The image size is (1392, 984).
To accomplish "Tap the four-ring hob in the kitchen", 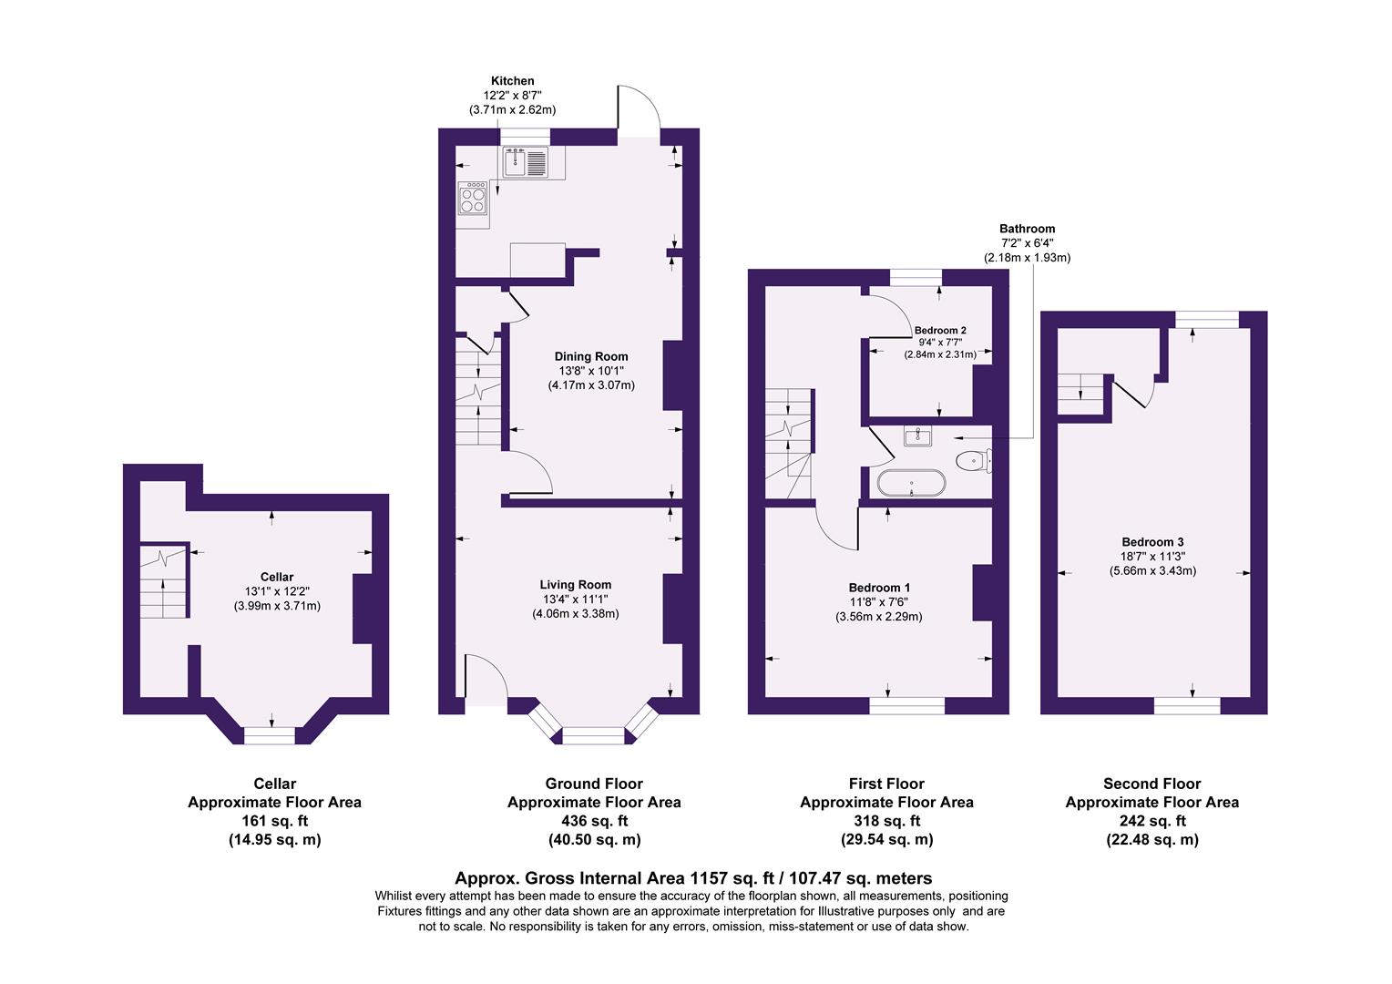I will click(474, 198).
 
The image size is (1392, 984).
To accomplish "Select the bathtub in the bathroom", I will click(911, 483).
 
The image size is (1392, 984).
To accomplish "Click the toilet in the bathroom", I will click(972, 460).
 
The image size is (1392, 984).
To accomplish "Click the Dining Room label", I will click(591, 356).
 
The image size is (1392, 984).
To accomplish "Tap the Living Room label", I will click(575, 585).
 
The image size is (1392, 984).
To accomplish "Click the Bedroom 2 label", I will click(940, 330).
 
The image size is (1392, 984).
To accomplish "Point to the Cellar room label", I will click(277, 577).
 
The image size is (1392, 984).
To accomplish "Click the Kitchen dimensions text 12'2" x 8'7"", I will click(512, 96).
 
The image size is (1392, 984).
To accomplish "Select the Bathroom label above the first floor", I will click(1027, 229).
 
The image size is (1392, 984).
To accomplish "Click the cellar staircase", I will click(164, 582).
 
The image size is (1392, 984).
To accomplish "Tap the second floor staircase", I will click(1081, 394).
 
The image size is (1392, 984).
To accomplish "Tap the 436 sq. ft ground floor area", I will click(594, 821).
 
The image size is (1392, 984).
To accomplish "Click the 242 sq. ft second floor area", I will click(1151, 821).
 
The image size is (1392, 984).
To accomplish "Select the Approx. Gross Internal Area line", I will click(693, 878).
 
